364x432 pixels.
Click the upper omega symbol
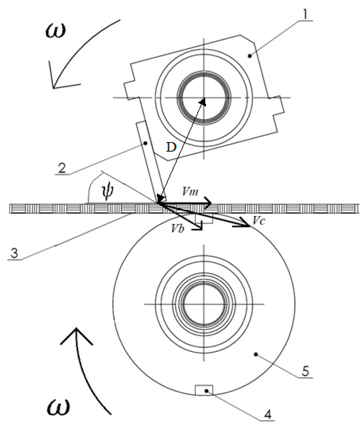pos(55,29)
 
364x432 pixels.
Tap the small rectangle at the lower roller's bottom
pos(204,390)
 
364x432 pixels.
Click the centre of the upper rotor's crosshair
pos(204,97)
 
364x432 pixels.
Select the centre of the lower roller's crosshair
pos(204,304)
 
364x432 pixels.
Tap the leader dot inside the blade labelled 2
pos(146,143)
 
